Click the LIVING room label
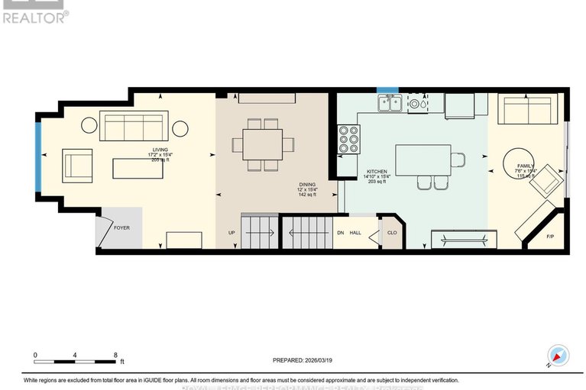(160, 150)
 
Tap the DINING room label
(307, 185)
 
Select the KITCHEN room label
(377, 172)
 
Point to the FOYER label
(121, 227)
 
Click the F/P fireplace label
(550, 236)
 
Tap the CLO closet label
(391, 233)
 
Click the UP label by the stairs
(231, 233)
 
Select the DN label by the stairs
(341, 233)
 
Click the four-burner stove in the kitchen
(348, 140)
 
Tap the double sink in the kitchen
(389, 104)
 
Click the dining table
(262, 144)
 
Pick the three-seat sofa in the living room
(134, 127)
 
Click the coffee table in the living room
(138, 167)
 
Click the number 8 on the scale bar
(115, 355)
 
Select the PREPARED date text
(304, 361)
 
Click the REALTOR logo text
(35, 17)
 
